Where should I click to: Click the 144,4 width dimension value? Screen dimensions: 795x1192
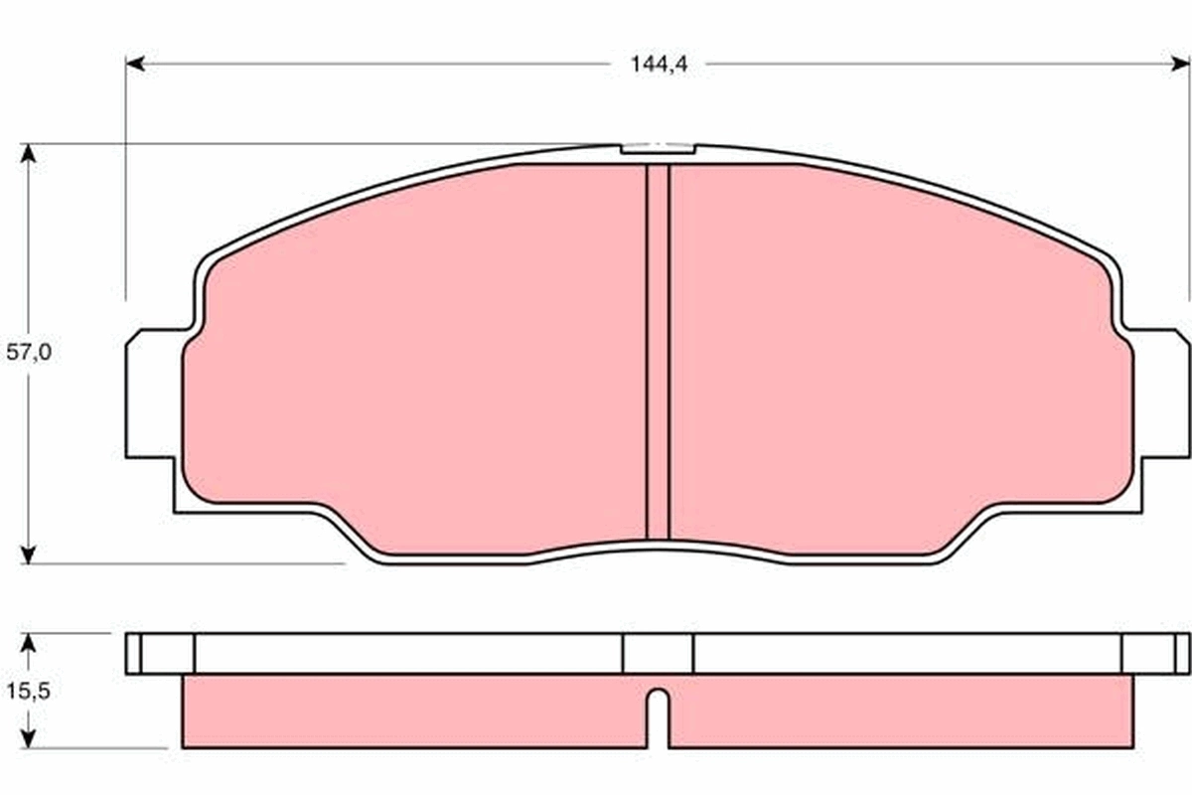click(659, 65)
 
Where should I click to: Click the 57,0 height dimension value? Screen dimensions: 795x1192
click(28, 353)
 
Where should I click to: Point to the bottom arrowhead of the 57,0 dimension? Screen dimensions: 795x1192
click(28, 554)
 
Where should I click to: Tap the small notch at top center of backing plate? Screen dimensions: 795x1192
click(657, 150)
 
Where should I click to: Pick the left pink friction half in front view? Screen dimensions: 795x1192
click(417, 358)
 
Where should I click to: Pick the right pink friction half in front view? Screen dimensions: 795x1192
click(894, 358)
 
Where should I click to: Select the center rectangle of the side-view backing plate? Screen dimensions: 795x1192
click(658, 653)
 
